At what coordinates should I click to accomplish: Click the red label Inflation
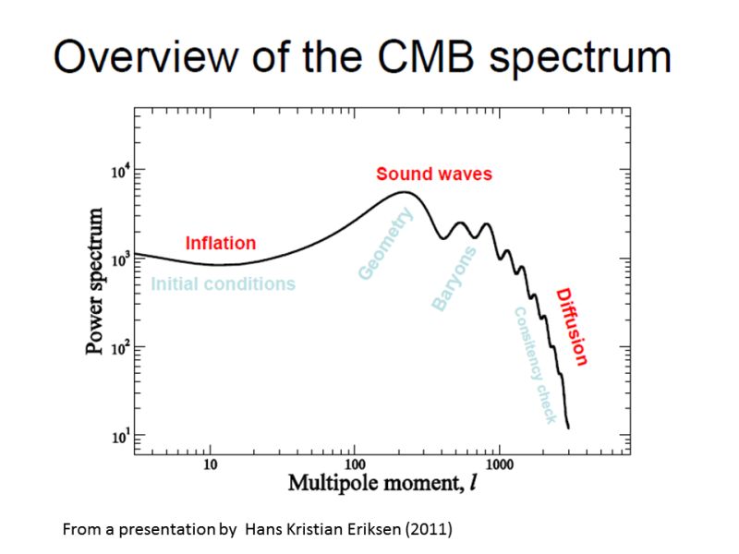[220, 244]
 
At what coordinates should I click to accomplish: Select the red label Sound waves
[433, 174]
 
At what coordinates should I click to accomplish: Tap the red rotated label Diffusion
[572, 327]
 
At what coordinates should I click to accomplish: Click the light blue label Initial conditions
[223, 283]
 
